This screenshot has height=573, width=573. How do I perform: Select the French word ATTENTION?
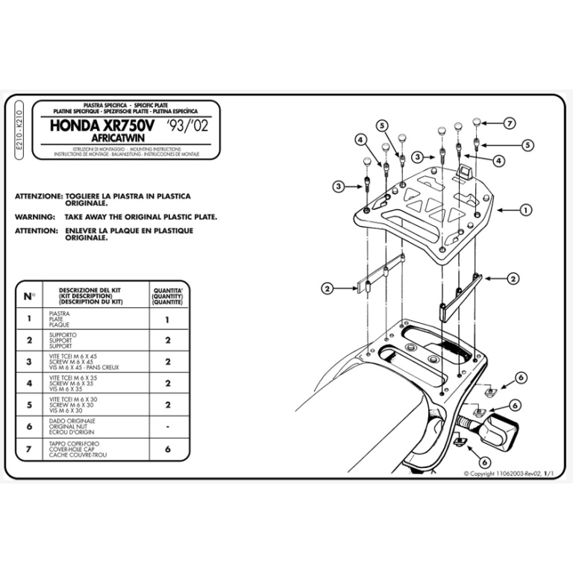point(36,231)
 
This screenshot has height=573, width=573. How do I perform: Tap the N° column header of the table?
point(28,296)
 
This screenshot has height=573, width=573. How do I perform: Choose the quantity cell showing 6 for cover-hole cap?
point(167,449)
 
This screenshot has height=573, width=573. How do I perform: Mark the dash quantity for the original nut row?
point(167,427)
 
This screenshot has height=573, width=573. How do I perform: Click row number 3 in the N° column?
point(28,362)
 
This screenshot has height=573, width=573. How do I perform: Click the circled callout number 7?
point(510,123)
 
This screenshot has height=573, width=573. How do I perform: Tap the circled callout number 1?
point(525,210)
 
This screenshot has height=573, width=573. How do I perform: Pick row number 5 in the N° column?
point(28,405)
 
